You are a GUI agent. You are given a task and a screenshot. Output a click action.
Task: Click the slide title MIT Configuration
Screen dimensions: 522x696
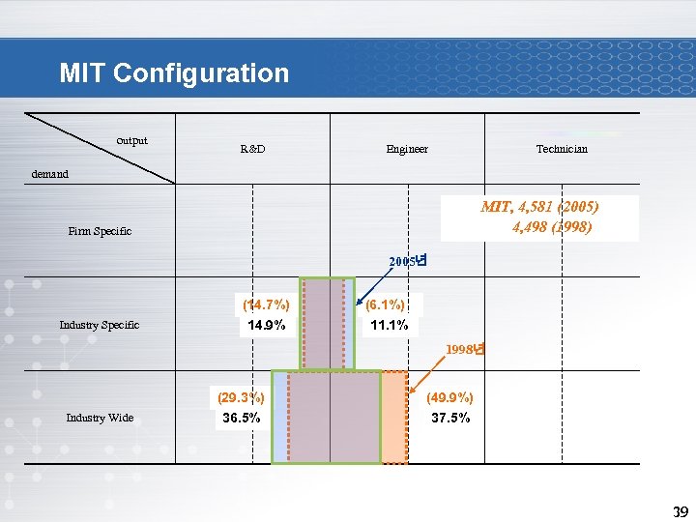click(x=174, y=73)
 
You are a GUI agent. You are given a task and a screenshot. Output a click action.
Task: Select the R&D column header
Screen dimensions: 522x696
click(x=252, y=149)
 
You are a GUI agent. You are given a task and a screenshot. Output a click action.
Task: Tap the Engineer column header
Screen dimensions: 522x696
click(x=407, y=149)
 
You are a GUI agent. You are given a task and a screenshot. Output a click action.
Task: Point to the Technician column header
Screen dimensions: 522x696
click(x=562, y=149)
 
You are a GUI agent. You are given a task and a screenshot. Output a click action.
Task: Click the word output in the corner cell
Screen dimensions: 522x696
click(x=132, y=140)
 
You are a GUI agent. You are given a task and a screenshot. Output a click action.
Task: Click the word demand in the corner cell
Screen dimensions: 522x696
click(x=50, y=174)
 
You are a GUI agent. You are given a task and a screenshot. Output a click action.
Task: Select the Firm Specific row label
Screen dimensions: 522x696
click(x=100, y=231)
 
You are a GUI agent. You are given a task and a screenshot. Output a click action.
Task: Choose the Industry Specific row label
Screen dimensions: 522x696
click(x=100, y=325)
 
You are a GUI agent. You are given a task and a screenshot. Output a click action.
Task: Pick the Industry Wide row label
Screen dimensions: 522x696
click(x=100, y=418)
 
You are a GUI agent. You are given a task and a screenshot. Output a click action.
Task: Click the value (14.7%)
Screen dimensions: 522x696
click(x=266, y=305)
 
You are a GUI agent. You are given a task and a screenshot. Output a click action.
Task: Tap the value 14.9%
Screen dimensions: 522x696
click(x=266, y=326)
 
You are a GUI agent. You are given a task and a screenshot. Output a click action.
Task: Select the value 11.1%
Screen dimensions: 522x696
click(x=389, y=326)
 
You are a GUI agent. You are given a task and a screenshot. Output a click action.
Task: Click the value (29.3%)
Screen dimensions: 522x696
click(x=242, y=397)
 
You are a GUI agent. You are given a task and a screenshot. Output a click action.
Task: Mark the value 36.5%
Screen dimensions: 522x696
click(x=242, y=418)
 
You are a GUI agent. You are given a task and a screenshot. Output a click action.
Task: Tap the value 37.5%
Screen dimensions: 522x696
click(x=451, y=418)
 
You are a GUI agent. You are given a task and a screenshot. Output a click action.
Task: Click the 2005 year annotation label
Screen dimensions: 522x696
click(x=408, y=261)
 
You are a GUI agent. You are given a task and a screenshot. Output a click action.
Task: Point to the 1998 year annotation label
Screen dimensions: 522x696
click(x=465, y=349)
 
